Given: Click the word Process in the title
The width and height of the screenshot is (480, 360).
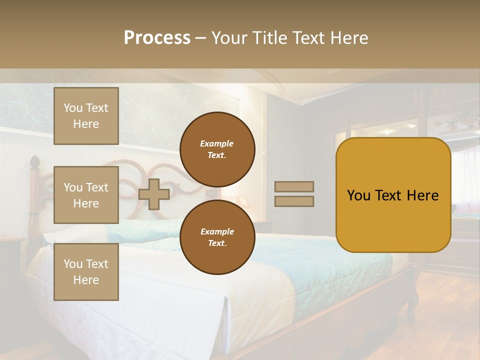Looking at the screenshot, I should click(x=157, y=38).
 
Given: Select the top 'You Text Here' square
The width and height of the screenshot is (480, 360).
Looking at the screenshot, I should click(x=86, y=116).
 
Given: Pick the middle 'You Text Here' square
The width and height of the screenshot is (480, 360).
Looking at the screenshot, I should click(x=86, y=195).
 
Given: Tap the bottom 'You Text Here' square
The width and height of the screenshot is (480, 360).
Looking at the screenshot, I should click(x=86, y=272).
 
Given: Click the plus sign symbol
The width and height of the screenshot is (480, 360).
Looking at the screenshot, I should click(x=154, y=193).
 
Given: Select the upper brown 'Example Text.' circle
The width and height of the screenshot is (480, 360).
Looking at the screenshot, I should click(x=217, y=149).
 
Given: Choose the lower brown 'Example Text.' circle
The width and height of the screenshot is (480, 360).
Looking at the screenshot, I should click(x=217, y=237).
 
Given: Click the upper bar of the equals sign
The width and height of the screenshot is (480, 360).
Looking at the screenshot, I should click(x=294, y=186).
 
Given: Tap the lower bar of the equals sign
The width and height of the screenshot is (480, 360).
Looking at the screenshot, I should click(x=294, y=201).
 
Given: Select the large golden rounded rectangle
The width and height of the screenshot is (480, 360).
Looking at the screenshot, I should click(x=393, y=195).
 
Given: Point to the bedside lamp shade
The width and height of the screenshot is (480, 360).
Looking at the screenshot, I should click(x=241, y=202).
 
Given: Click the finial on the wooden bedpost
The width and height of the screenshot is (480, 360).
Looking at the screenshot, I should click(x=34, y=161).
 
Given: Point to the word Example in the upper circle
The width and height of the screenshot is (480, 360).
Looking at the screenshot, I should click(x=217, y=143).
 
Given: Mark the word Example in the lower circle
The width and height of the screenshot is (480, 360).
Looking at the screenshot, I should click(x=217, y=231).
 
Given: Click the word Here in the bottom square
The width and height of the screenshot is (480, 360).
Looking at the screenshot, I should click(x=86, y=280).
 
